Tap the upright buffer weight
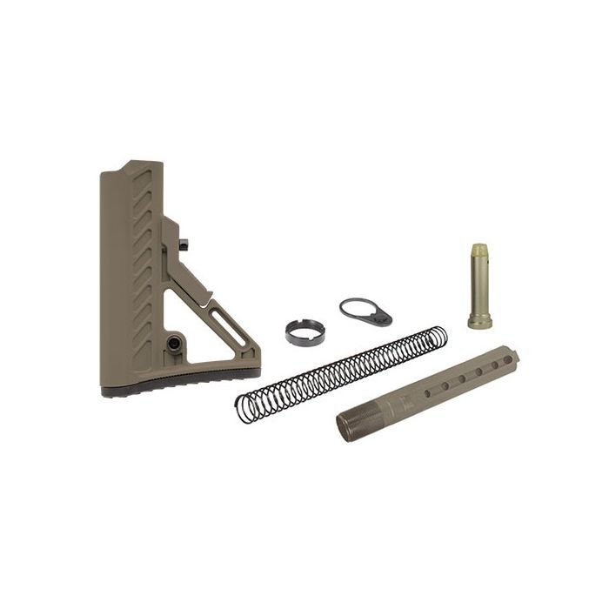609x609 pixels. click(x=479, y=285)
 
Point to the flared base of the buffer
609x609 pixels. click(x=479, y=322)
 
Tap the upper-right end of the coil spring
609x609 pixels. click(x=438, y=336)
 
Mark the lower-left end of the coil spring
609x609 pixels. click(x=244, y=407)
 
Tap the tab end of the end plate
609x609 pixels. click(x=384, y=318)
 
